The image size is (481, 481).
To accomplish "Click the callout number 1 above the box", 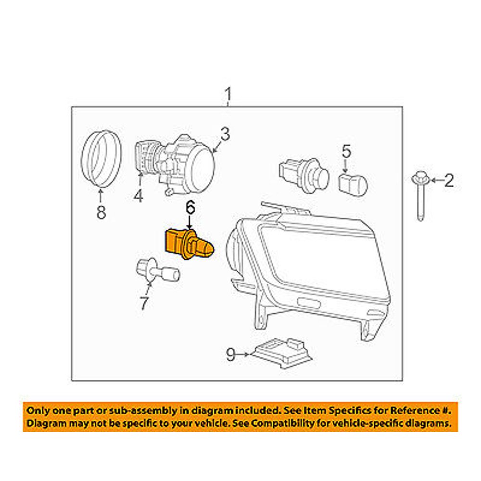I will click(228, 96).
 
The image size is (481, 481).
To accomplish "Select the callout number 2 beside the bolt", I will click(448, 181).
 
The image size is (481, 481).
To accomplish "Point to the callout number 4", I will click(139, 196).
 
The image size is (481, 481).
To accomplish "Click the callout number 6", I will click(190, 208).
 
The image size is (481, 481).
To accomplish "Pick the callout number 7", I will click(144, 303).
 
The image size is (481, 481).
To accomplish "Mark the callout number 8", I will click(101, 212).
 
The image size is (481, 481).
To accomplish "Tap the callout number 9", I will click(231, 355).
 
